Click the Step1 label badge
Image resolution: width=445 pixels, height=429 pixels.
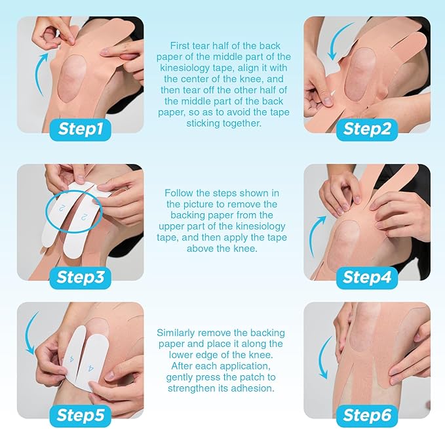coord(81,129)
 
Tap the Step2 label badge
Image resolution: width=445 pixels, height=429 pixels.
coord(367,129)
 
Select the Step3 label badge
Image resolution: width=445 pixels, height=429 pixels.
coord(81,277)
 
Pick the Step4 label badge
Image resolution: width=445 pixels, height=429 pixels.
coord(367,277)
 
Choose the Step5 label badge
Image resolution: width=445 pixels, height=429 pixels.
coord(81,416)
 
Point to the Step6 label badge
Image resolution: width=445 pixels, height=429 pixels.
coord(367,416)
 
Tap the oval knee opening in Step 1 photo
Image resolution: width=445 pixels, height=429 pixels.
coord(72,79)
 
